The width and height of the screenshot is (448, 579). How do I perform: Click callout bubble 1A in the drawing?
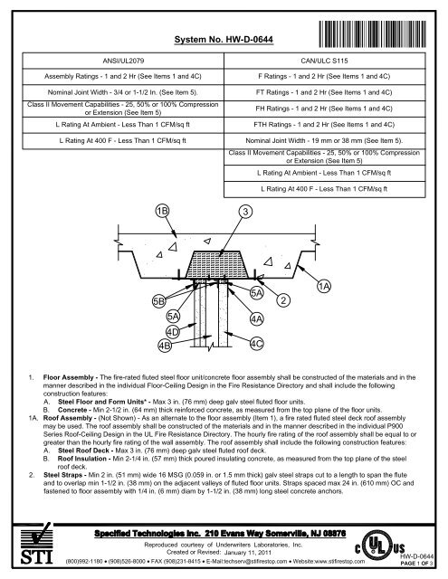click(324, 286)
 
